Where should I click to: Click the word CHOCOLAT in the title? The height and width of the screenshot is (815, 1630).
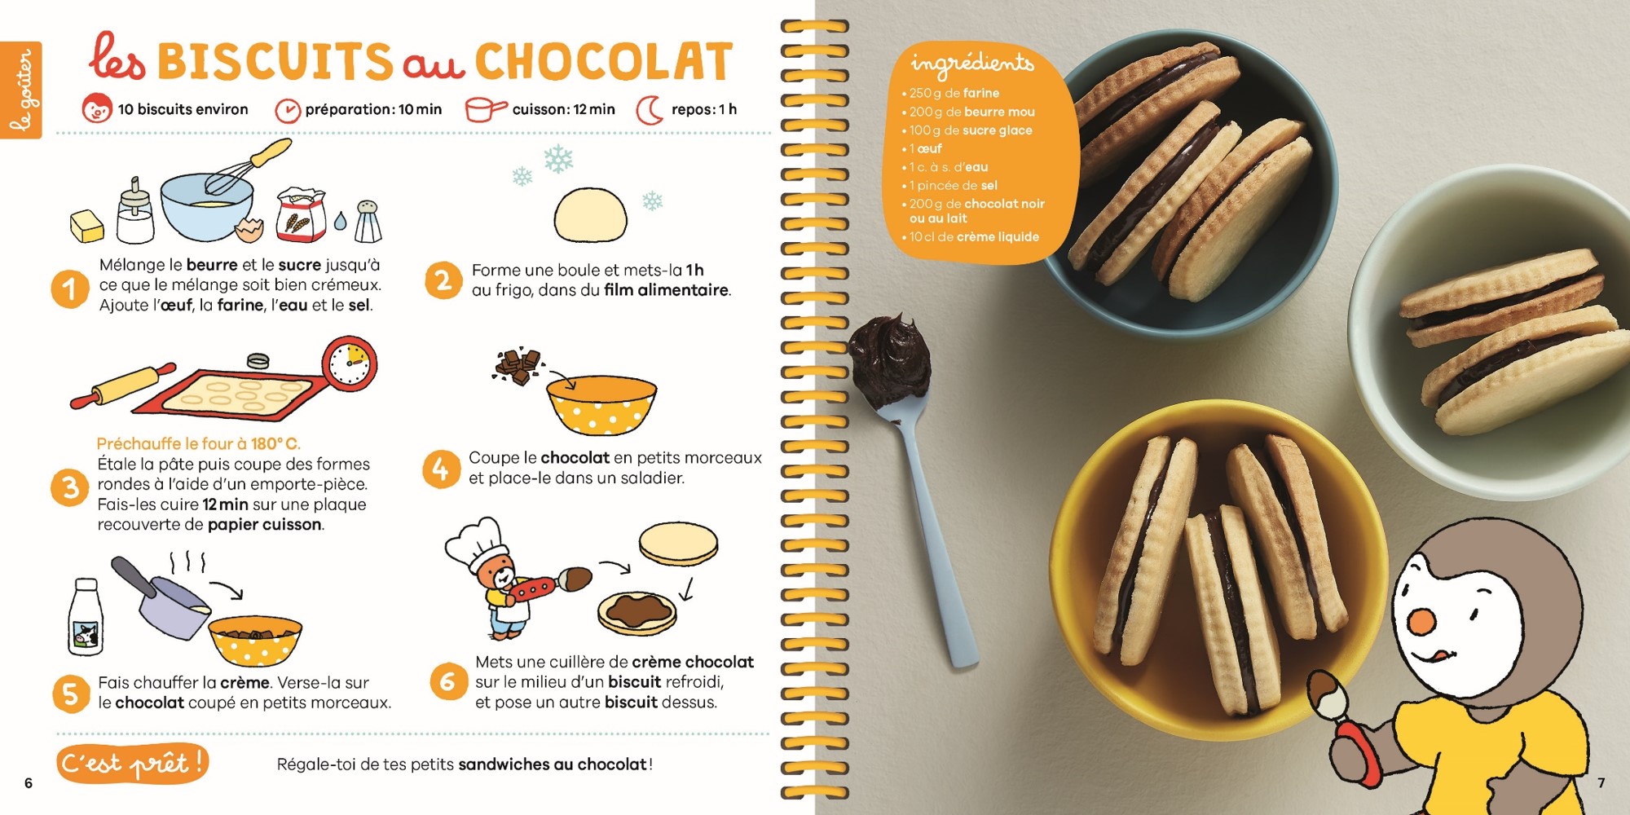(603, 62)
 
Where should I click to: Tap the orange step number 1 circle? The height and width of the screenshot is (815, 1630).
(70, 289)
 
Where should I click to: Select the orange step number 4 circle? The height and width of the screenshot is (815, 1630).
(441, 469)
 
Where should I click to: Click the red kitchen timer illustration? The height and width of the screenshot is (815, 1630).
(350, 364)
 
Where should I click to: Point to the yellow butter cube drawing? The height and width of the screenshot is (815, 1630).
(87, 227)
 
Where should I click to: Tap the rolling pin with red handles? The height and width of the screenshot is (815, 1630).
(123, 385)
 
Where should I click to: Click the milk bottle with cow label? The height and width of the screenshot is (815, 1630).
(86, 617)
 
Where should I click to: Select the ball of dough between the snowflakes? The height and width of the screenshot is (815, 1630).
(591, 214)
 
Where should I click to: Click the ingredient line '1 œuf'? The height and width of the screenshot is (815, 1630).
(925, 148)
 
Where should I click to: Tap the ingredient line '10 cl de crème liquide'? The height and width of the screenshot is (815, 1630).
(971, 237)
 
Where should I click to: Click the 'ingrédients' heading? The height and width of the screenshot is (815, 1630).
(971, 63)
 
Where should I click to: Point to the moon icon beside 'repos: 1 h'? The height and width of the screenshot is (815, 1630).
(650, 110)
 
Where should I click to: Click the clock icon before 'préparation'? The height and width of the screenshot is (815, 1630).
(287, 110)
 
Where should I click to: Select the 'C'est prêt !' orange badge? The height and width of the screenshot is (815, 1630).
(133, 764)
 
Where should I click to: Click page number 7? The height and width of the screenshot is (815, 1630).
(1601, 782)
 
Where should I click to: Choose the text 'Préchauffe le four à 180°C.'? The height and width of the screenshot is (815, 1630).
(198, 443)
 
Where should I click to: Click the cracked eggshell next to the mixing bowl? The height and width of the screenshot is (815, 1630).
(249, 230)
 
